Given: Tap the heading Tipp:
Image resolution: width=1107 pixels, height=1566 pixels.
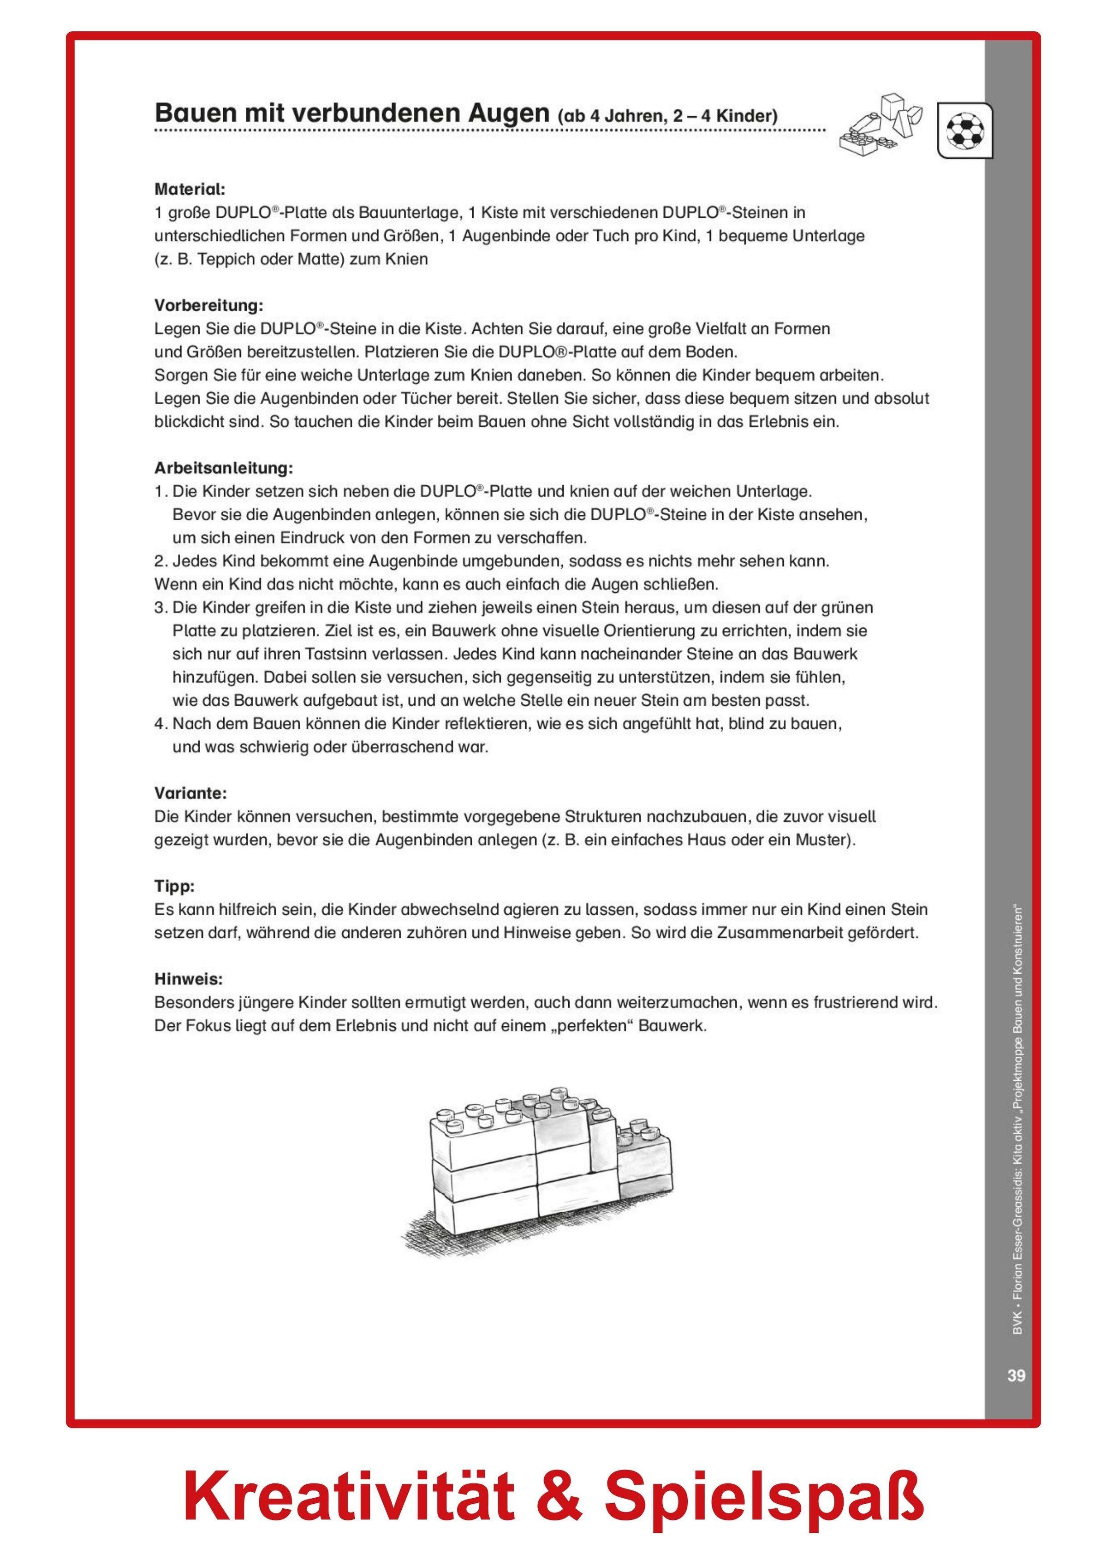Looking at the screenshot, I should click(x=175, y=886).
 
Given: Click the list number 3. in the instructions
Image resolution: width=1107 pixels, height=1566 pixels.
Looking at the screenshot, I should click(x=161, y=607).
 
